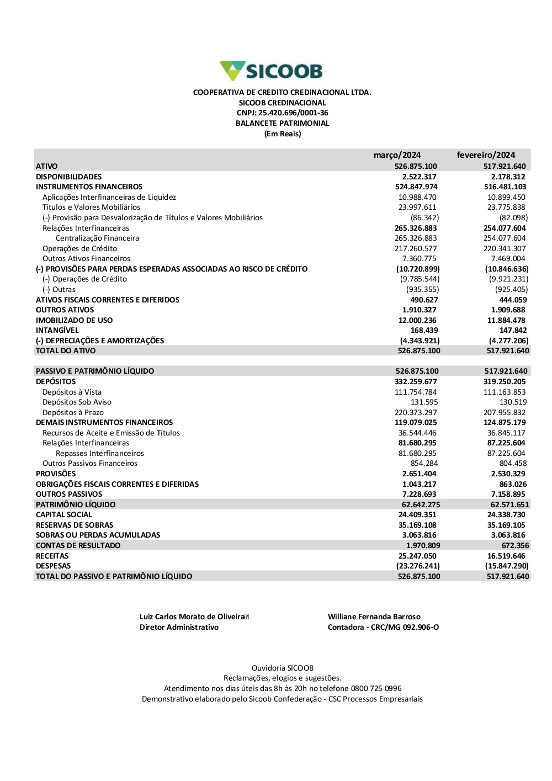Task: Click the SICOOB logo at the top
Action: click(x=271, y=71)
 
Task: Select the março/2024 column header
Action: click(x=397, y=155)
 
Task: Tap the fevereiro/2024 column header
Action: click(x=486, y=155)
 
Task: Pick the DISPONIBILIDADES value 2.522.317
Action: click(x=419, y=177)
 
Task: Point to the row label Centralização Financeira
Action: click(x=97, y=238)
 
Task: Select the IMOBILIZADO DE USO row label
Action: click(x=74, y=320)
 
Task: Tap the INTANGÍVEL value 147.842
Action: click(x=513, y=331)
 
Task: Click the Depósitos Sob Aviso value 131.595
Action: click(x=424, y=402)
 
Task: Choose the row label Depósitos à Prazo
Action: click(x=73, y=412)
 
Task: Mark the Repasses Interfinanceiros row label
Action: click(x=99, y=453)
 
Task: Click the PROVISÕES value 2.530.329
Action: click(x=508, y=474)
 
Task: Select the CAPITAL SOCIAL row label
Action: click(x=63, y=515)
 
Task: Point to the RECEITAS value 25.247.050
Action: click(x=417, y=556)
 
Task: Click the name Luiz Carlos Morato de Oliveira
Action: click(x=192, y=617)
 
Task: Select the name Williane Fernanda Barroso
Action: click(x=374, y=617)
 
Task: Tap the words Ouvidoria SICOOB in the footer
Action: click(x=282, y=668)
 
